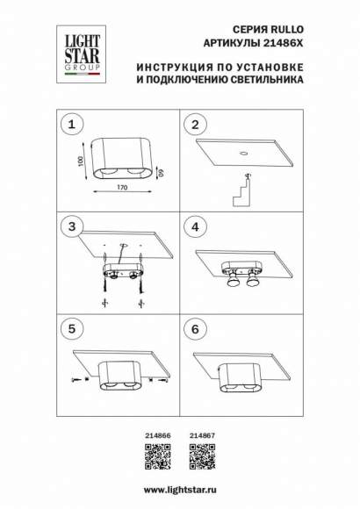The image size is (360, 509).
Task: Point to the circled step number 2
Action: [197, 124]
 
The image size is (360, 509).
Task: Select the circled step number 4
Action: [197, 229]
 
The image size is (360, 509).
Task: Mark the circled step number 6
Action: [197, 332]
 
